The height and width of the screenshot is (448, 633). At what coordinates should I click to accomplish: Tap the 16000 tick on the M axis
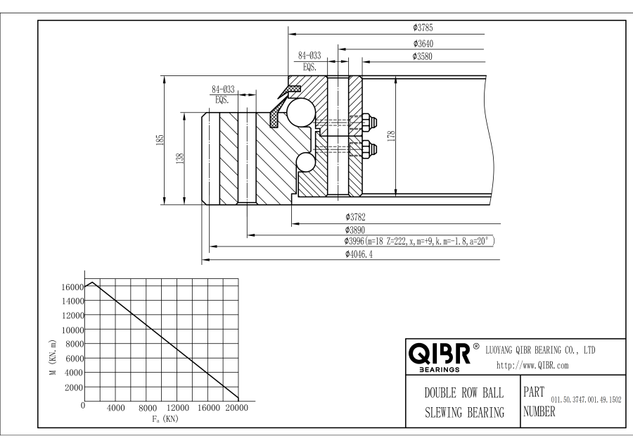(73, 287)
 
